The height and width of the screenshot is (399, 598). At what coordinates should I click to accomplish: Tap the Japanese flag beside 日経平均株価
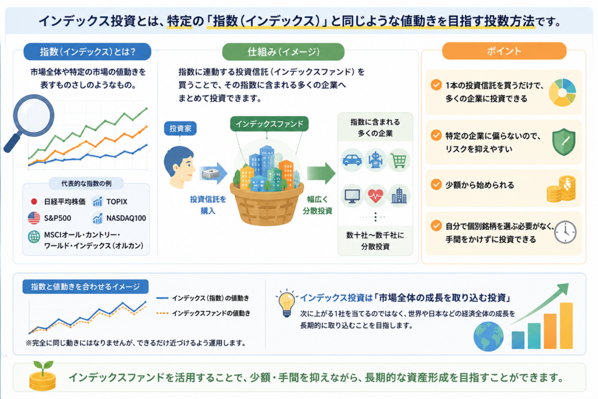34,202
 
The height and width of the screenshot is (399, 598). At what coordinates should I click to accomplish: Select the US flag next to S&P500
34,218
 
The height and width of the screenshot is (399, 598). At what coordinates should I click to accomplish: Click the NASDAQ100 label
126,218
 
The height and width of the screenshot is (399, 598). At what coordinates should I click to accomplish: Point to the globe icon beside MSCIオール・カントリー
34,237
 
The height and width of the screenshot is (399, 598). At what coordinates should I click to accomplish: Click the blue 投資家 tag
180,129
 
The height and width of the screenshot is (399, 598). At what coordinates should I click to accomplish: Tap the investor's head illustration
179,167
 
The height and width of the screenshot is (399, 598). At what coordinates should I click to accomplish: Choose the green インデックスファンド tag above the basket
269,124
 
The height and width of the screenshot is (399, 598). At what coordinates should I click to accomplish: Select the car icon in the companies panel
352,160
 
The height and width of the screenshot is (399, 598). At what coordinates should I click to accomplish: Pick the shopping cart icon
398,160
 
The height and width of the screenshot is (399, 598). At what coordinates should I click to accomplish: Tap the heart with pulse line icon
376,196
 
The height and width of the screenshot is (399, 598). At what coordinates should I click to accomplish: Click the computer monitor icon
352,196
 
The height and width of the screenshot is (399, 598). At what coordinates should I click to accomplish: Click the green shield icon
564,142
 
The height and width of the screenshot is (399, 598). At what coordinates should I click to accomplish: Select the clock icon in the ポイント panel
565,232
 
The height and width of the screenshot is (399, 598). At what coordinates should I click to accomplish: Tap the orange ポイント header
504,51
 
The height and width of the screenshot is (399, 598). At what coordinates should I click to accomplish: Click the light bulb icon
287,303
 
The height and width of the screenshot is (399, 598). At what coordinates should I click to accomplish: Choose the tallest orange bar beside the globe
566,325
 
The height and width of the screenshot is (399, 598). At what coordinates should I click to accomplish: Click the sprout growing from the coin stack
43,367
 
